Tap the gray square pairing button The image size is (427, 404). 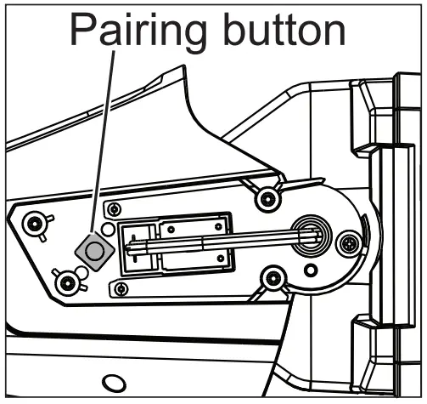94,250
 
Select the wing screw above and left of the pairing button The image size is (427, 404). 36,225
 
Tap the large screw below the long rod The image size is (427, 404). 272,277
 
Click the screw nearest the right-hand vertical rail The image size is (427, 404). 347,245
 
